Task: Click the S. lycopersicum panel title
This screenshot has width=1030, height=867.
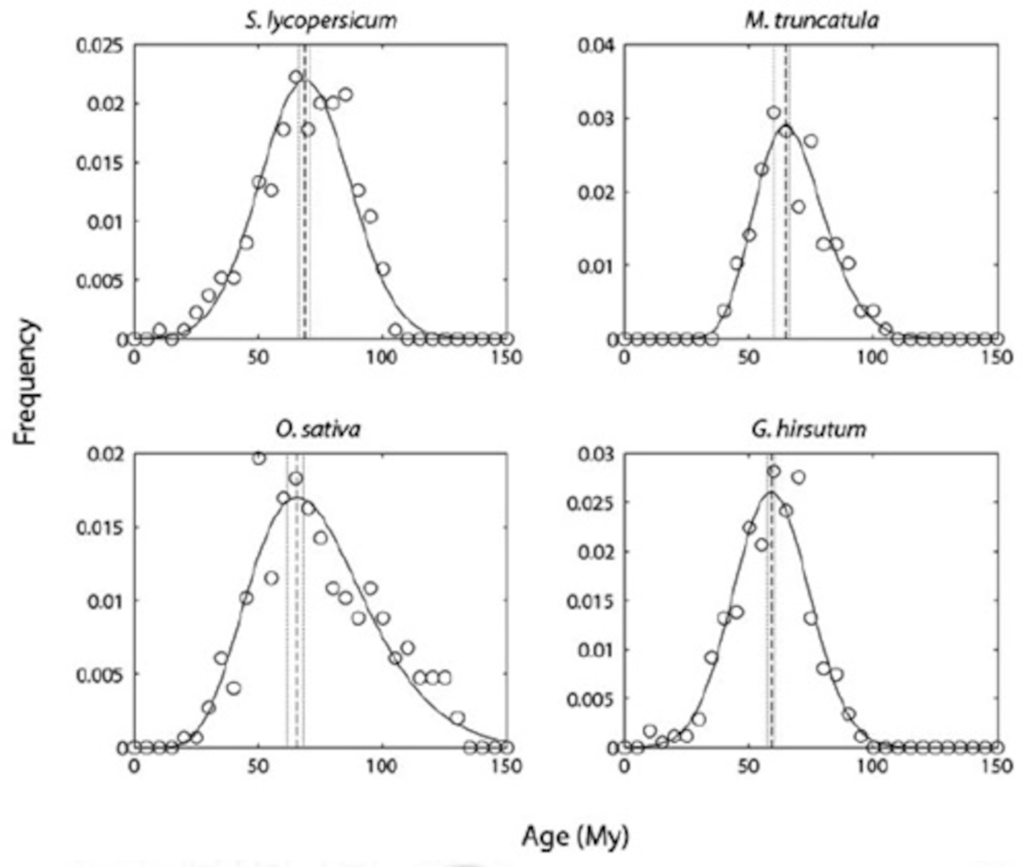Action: (x=321, y=21)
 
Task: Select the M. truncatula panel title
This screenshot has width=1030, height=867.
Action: (x=811, y=21)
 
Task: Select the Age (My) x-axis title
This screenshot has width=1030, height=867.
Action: (x=575, y=836)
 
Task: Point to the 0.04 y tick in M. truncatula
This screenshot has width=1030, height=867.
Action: (x=596, y=46)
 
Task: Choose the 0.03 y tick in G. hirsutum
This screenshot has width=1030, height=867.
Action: (x=596, y=454)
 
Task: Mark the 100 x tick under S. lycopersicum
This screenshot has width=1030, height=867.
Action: (x=382, y=357)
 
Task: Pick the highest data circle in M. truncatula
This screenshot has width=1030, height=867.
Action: (x=774, y=113)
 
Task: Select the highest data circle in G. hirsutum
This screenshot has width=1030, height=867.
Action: (x=774, y=471)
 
